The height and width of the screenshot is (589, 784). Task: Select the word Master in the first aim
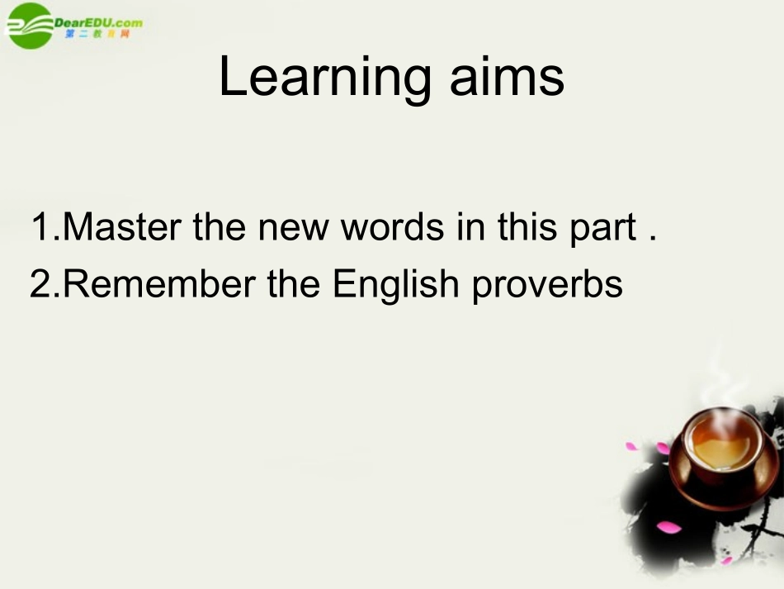tap(124, 228)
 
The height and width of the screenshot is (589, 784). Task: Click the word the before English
tap(295, 284)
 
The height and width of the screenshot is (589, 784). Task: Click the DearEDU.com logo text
tap(98, 21)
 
